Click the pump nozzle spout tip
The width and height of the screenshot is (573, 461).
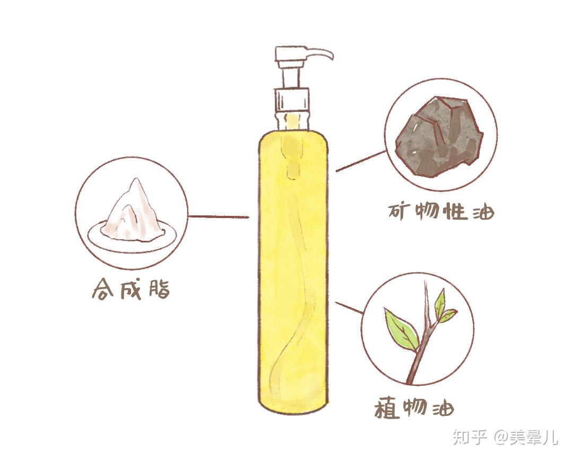[x=331, y=57]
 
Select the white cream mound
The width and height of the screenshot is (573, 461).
[x=131, y=210]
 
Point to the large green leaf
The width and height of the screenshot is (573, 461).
[x=401, y=330]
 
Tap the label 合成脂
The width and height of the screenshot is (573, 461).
[x=131, y=290]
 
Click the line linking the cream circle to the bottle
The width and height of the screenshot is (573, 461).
[x=219, y=216]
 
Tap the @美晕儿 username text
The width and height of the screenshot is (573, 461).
[x=526, y=437]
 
